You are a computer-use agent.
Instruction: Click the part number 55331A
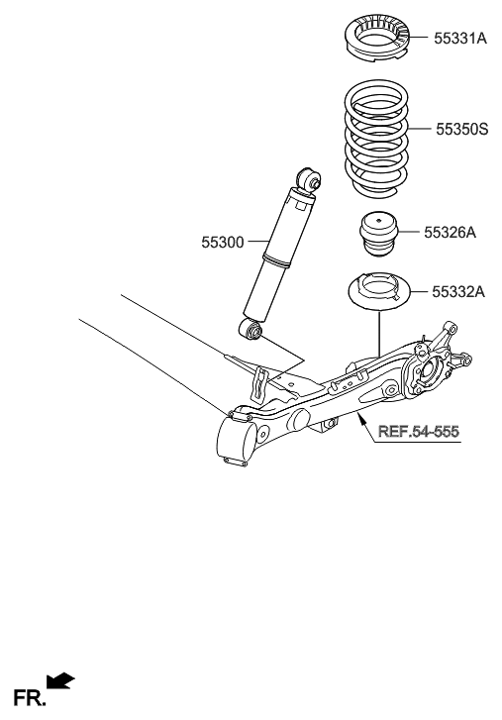460,39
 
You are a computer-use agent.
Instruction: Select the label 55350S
461,129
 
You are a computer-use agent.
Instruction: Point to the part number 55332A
457,292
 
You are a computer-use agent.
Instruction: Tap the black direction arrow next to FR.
60,678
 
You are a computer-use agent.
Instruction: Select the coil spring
376,139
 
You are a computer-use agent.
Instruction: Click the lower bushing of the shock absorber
252,329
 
